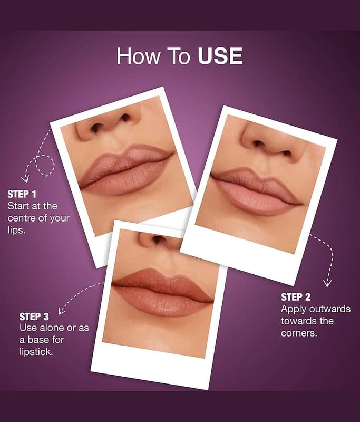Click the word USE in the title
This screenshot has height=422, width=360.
(x=220, y=56)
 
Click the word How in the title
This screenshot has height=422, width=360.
(x=139, y=56)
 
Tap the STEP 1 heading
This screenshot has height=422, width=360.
(x=22, y=194)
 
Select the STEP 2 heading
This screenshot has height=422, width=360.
(x=296, y=297)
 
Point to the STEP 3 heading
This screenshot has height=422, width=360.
(x=34, y=317)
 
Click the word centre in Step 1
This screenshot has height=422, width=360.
(x=22, y=218)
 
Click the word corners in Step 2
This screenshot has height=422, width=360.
(x=299, y=333)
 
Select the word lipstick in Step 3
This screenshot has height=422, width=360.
(x=36, y=352)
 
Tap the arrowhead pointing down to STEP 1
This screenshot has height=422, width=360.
(x=25, y=179)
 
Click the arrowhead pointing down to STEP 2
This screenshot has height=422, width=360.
(x=327, y=284)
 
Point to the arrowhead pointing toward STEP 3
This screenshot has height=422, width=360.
(x=62, y=311)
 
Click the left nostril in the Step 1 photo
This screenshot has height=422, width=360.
(x=96, y=128)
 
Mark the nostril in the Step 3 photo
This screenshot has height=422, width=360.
(x=158, y=238)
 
